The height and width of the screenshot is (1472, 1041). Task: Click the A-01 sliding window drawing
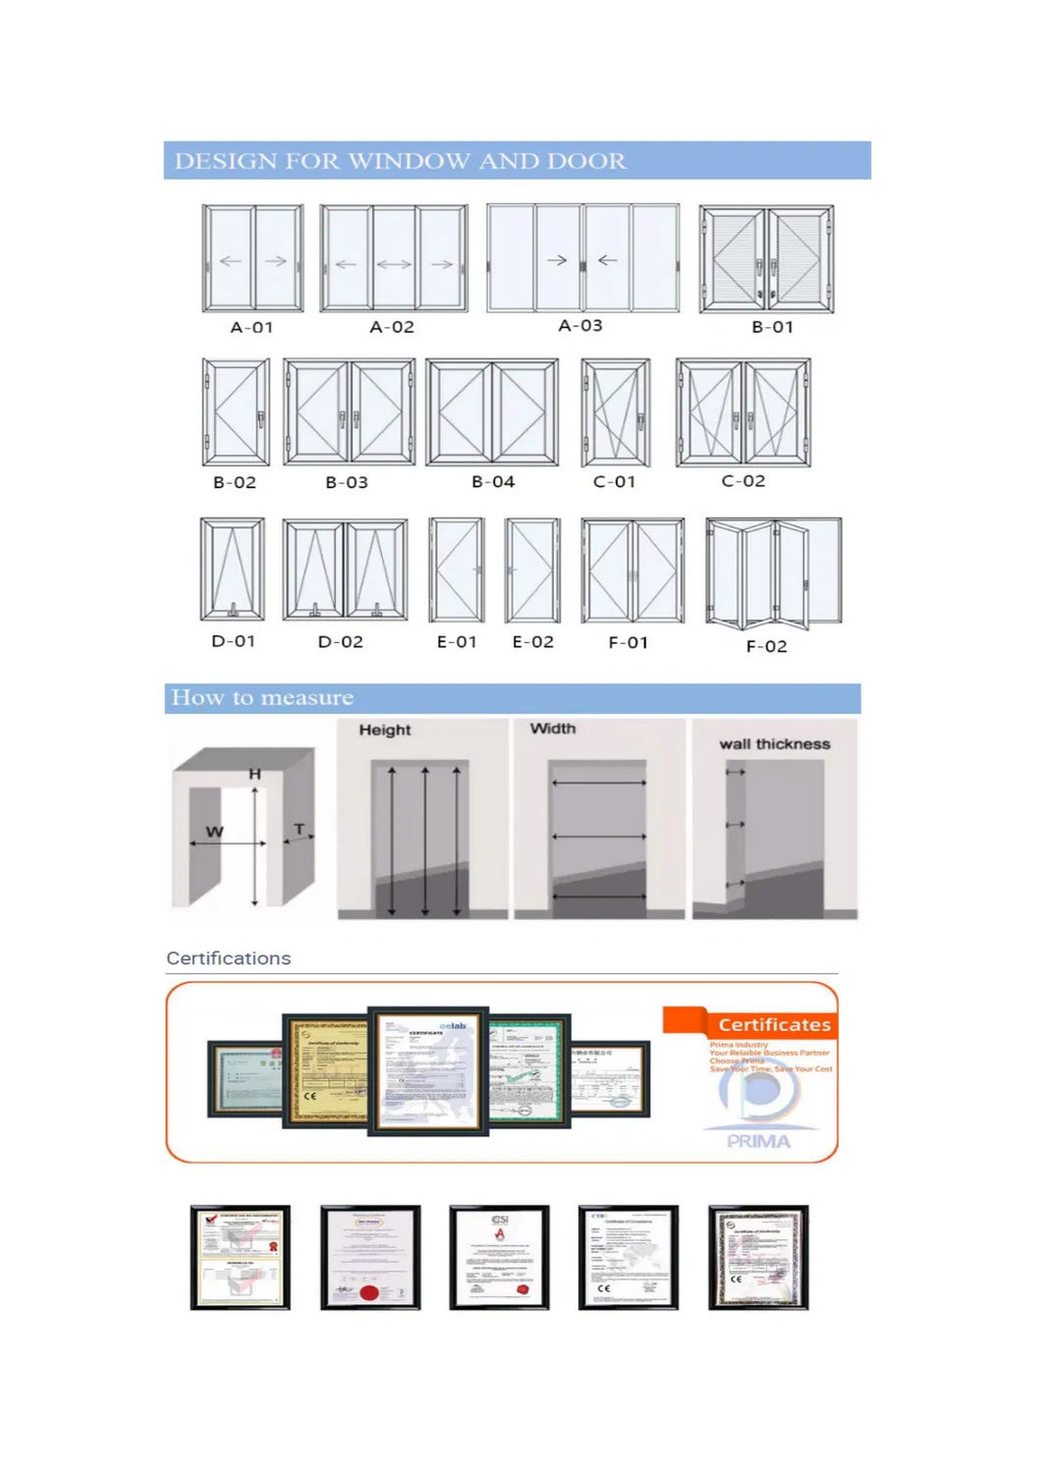pos(252,258)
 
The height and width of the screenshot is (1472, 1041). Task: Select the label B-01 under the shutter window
pos(772,327)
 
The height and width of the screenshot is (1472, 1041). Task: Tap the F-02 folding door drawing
pos(774,573)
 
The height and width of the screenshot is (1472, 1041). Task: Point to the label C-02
pos(742,481)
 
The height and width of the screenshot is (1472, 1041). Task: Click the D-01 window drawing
pos(233,570)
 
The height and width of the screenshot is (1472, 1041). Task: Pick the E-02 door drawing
pos(532,571)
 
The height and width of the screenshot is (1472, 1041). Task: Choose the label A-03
pos(580,326)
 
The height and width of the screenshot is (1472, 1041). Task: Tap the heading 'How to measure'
pos(262,698)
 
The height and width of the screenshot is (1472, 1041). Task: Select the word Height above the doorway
pos(385,730)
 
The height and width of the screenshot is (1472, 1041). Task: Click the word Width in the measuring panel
pos(553,729)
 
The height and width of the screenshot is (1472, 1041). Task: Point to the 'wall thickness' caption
pos(774,744)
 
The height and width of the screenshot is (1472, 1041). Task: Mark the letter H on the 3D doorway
pos(254,774)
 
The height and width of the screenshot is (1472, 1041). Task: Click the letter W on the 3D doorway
pos(214,832)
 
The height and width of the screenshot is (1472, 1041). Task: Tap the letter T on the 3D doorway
pos(300,830)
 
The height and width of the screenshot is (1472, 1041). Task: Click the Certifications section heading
pos(229,958)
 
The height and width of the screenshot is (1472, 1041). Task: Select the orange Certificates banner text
pos(774,1025)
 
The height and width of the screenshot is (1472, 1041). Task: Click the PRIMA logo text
pos(758,1141)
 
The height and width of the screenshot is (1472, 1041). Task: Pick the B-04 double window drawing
pos(492,412)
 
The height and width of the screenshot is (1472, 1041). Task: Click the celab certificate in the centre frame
pos(428,1071)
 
